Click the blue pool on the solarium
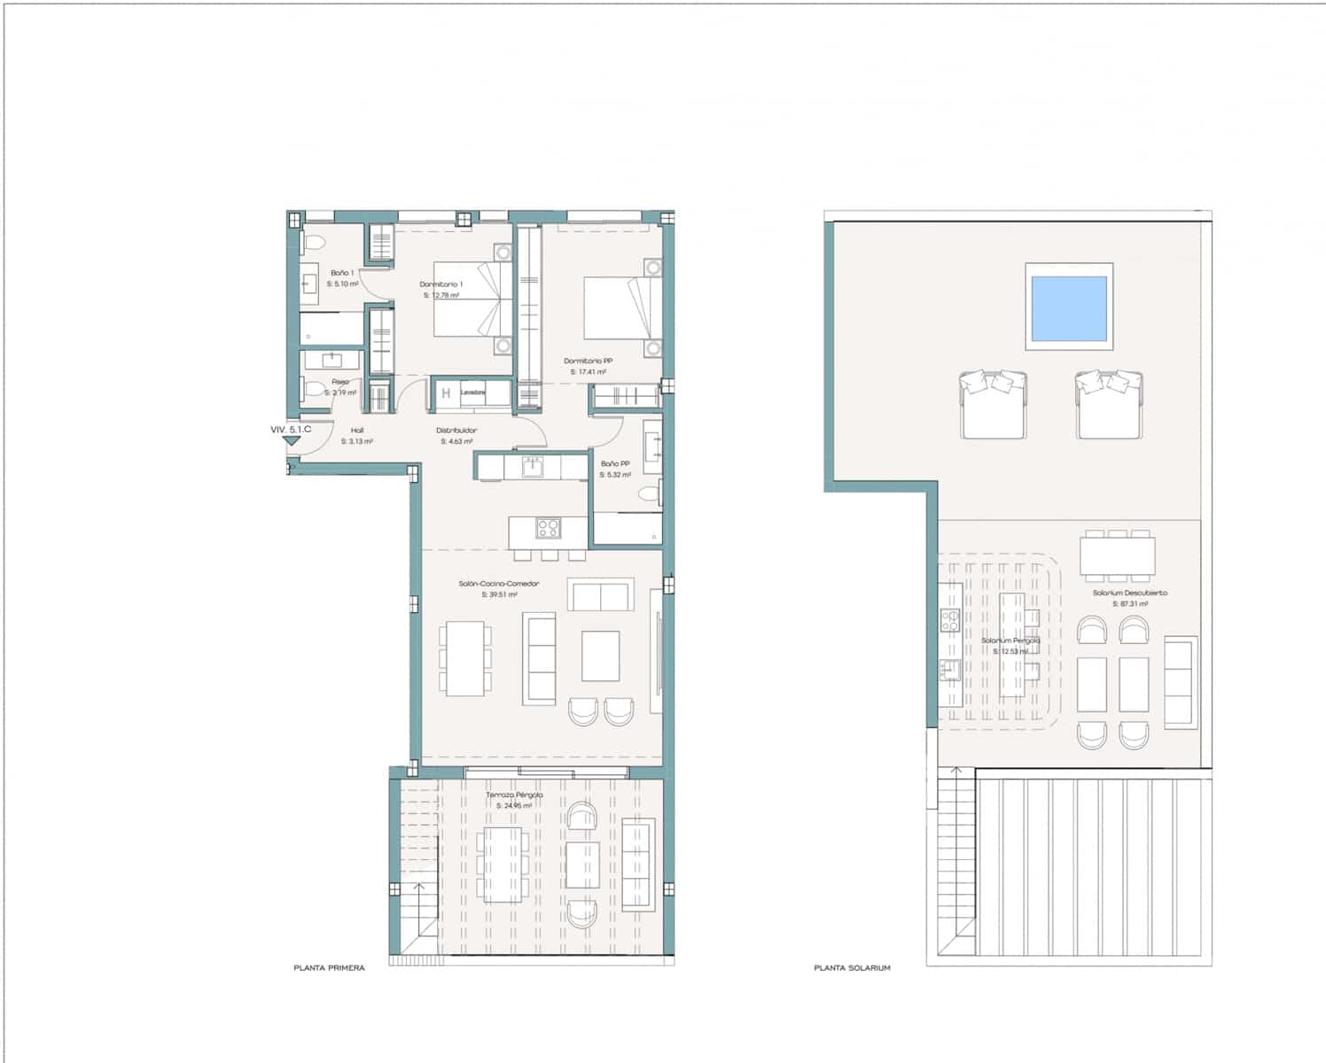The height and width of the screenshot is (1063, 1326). pos(1069,307)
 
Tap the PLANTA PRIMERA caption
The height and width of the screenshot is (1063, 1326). pos(329,968)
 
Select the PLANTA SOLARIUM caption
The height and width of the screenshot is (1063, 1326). pos(852,968)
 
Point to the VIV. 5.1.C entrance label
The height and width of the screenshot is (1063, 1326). pos(291,430)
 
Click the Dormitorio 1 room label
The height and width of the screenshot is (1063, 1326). pos(441,284)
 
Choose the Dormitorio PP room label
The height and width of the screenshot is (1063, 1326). pos(589,361)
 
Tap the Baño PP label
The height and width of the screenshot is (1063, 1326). pos(615,463)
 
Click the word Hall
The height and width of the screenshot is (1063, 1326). pos(357,431)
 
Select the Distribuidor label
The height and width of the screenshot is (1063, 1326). pos(456,431)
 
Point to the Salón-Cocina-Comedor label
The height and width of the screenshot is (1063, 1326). pos(499,584)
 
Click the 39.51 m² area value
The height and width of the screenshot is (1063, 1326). pos(499,595)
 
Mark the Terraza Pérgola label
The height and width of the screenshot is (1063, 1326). pos(514,795)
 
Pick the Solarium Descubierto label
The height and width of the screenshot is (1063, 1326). pos(1130,593)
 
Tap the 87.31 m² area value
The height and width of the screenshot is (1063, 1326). pos(1130,604)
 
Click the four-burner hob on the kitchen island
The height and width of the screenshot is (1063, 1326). pos(548,529)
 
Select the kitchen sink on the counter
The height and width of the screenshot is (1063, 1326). pos(533,467)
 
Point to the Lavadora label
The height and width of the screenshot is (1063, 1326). pos(472,392)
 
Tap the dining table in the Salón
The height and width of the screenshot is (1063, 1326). pos(465,658)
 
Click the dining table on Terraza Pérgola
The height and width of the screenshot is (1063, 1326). pos(503,865)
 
